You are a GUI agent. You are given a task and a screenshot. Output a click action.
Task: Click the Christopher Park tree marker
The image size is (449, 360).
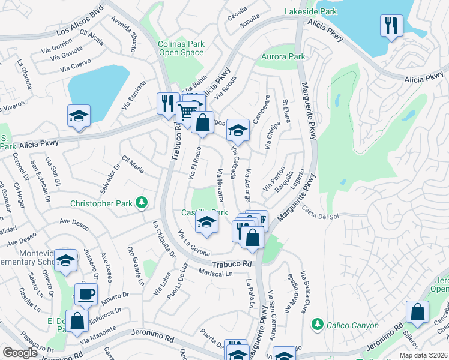(x=142, y=203)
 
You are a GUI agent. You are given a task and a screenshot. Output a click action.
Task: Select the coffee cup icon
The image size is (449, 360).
(x=85, y=294)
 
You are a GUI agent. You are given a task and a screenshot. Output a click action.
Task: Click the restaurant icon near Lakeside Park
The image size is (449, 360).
(x=391, y=25)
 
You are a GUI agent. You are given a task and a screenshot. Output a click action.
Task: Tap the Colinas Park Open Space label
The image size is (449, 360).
(x=181, y=48)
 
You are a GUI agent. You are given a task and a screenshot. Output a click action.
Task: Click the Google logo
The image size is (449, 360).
(x=20, y=353)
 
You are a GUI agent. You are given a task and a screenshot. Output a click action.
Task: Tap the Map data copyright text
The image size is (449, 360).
(x=423, y=354)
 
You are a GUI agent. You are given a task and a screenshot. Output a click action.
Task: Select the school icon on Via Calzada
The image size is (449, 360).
(x=238, y=130)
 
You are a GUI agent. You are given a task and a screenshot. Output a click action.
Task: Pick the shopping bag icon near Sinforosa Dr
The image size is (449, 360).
(x=77, y=320)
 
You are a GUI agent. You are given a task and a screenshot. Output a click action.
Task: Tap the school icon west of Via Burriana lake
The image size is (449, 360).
(x=79, y=115)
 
